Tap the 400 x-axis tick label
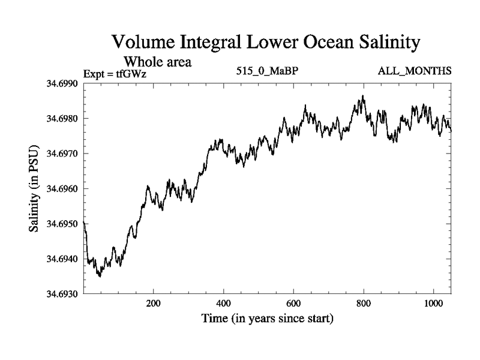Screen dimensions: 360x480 pyautogui.click(x=224, y=304)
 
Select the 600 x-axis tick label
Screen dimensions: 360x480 pyautogui.click(x=293, y=304)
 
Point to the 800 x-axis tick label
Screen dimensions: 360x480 pyautogui.click(x=364, y=304)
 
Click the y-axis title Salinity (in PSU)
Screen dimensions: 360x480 pyautogui.click(x=34, y=188)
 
